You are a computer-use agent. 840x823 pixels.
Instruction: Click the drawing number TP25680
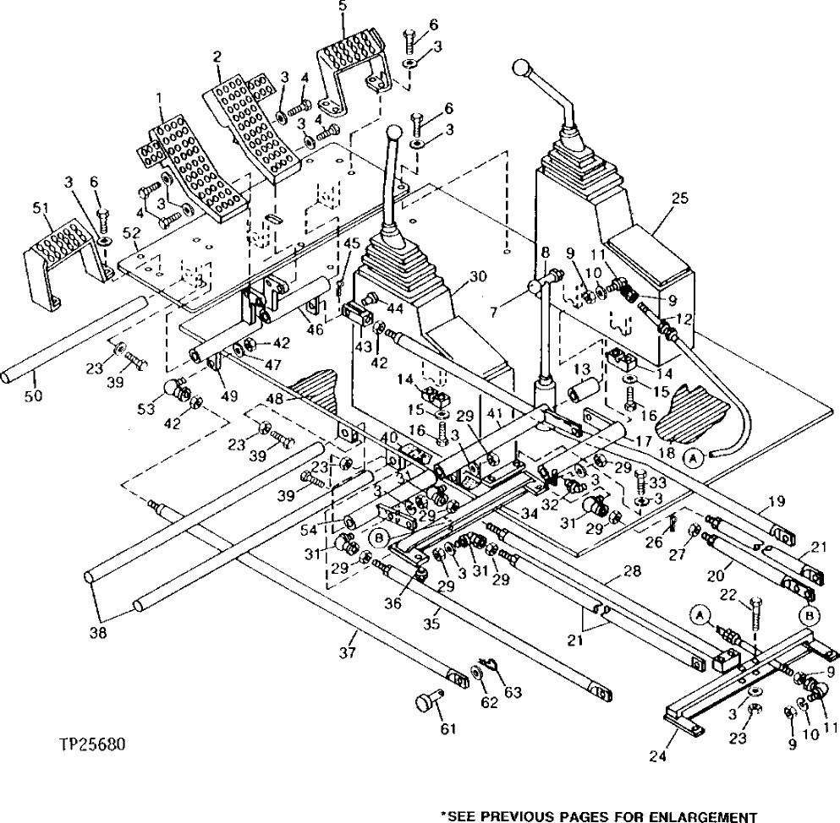pos(93,746)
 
